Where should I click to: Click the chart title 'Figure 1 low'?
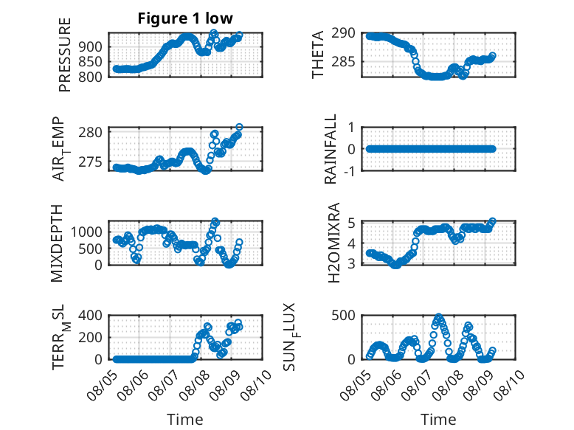point(185,18)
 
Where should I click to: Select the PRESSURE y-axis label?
point(64,55)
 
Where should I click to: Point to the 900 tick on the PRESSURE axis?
point(90,46)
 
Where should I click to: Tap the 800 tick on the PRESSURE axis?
point(90,77)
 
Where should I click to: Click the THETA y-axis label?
point(318,55)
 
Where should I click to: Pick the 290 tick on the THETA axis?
point(343,33)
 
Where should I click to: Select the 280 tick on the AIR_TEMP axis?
point(91,132)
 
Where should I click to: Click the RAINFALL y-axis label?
point(331,149)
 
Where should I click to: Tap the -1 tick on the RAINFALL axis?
point(349,171)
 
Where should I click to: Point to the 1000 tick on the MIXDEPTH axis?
point(86,232)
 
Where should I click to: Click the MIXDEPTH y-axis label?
point(57,243)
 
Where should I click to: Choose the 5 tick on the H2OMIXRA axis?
point(352,222)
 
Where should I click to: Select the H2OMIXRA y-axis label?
point(334,243)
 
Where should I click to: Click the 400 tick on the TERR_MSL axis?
point(90,315)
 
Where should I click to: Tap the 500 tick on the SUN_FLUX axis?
point(343,315)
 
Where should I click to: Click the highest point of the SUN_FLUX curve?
point(438,316)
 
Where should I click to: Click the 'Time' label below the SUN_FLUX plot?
point(438,419)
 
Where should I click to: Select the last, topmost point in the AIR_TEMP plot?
point(239,128)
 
